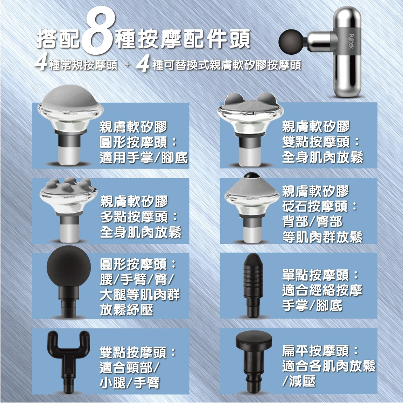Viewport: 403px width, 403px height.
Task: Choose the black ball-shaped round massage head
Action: pyautogui.click(x=69, y=266)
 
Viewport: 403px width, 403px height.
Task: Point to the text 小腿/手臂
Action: pyautogui.click(x=129, y=382)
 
